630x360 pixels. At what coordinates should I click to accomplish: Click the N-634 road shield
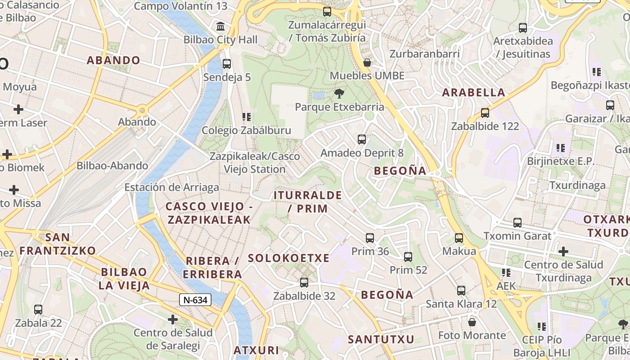[195, 300]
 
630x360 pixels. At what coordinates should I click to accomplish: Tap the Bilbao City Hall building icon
[220, 27]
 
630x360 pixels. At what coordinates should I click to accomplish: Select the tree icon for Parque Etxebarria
[339, 94]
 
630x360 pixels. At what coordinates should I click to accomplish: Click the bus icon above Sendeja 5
[227, 64]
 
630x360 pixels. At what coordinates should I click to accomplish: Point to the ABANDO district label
[113, 60]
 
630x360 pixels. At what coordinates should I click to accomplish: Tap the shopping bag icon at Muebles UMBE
[367, 63]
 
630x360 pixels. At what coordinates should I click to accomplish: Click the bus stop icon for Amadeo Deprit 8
[362, 139]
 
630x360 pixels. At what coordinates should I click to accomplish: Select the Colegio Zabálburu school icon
[246, 117]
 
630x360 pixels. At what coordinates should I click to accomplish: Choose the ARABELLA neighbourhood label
[474, 93]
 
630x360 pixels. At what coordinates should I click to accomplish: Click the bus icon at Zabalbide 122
[485, 113]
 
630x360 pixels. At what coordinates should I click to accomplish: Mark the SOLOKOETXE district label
[288, 258]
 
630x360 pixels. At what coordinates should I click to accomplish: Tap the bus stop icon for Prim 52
[408, 257]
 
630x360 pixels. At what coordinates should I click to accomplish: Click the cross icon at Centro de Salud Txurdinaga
[563, 252]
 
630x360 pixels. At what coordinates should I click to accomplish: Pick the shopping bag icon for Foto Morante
[472, 322]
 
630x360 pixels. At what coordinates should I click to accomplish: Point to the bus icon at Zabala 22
[38, 310]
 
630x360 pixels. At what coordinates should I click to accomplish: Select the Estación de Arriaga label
[171, 187]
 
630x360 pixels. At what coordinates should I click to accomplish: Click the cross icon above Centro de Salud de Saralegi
[173, 319]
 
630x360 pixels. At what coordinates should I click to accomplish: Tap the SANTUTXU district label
[381, 339]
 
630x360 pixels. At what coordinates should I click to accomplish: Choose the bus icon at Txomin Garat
[517, 223]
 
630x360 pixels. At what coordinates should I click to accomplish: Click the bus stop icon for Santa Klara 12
[461, 291]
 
